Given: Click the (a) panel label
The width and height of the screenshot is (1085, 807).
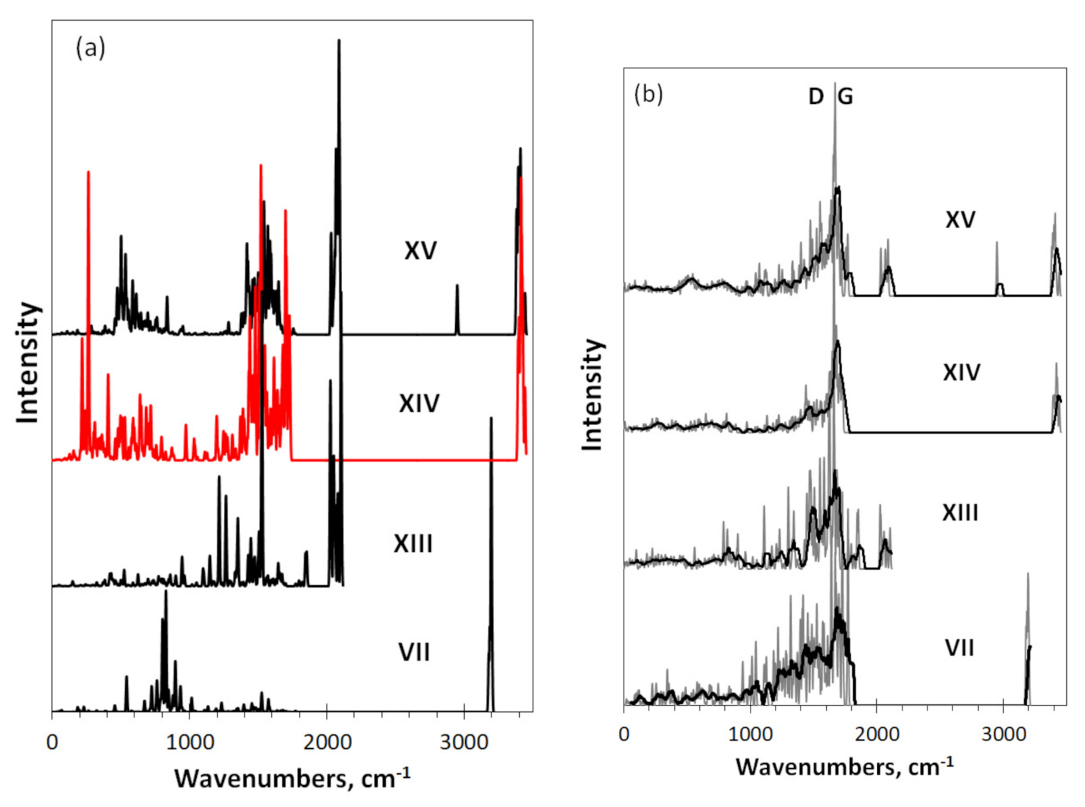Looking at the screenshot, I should [91, 48].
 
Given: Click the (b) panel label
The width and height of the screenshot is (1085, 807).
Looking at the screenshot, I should [648, 94].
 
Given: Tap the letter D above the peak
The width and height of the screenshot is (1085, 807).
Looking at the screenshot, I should [815, 97].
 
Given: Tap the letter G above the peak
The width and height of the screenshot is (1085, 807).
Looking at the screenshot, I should [845, 97].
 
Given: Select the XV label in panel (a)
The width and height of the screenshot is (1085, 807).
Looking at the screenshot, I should [420, 251].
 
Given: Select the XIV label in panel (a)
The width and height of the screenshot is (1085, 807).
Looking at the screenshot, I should [419, 404].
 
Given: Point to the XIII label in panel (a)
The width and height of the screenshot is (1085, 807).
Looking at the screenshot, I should [413, 544].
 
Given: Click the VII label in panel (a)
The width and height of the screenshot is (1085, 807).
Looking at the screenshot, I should [414, 653].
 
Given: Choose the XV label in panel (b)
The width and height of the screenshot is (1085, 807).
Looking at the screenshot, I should [960, 220].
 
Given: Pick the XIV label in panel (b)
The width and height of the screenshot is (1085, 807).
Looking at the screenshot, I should [961, 373].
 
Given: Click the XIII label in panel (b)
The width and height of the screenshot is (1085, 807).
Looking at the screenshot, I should [960, 513].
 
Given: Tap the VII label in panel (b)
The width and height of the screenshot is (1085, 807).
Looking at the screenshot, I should [959, 648].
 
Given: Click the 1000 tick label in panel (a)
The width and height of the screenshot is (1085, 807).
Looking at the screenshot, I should [188, 743].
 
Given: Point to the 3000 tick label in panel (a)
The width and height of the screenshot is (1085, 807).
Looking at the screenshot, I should [463, 743].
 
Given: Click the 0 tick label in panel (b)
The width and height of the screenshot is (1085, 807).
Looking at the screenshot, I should [624, 734].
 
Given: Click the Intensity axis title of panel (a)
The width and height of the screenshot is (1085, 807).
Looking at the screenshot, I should [28, 363].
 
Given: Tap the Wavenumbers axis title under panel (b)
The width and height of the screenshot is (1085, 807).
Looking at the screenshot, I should [844, 766].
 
